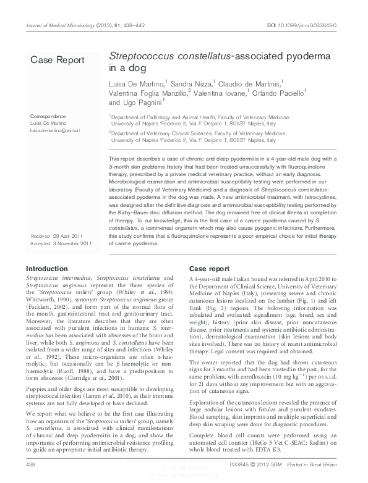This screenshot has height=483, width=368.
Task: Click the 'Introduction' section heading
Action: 46,269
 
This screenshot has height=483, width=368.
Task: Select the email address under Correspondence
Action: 56,130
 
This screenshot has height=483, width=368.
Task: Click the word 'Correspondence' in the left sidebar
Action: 48,116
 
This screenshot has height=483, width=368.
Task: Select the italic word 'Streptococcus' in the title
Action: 139,56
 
